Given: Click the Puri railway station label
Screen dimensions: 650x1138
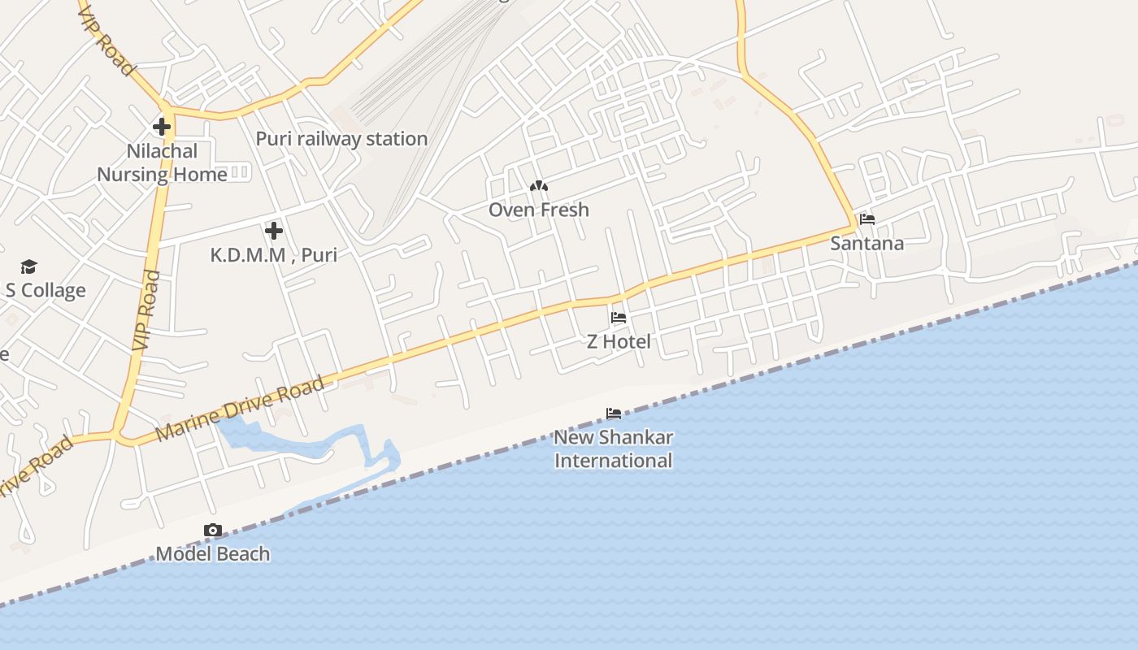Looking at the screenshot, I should point(341,139).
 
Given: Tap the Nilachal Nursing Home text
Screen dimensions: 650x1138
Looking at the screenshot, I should point(162,162).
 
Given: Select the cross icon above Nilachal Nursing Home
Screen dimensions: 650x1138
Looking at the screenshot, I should point(162,127).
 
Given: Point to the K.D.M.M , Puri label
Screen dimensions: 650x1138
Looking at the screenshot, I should point(273,254).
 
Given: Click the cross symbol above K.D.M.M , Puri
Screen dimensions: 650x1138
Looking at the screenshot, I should point(274,231).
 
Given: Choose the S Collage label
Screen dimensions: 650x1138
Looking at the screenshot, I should point(46,290).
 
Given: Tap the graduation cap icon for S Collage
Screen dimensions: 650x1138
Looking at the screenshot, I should point(29,266).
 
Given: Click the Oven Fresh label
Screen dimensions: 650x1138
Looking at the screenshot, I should point(538,210).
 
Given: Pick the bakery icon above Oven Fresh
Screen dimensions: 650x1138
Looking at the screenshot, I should point(538,186).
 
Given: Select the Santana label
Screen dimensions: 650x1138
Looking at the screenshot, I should point(867,243).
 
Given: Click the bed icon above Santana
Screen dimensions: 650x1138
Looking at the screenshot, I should point(867,219).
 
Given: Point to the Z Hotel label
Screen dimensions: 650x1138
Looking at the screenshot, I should point(619,341).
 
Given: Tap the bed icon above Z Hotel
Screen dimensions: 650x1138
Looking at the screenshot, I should point(619,318).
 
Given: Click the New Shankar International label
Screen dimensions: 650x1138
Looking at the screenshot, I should point(614,448).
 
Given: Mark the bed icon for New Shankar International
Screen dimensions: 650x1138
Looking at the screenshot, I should point(614,414).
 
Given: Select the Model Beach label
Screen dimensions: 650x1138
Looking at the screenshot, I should point(212,554).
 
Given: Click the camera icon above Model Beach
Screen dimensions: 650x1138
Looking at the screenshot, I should point(212,531).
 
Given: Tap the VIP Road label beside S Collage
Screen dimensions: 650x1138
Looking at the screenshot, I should point(146,310).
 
